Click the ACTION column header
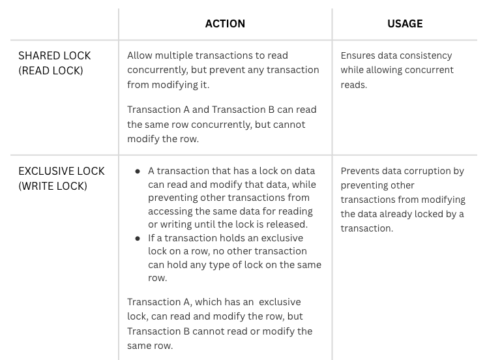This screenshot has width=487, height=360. point(225,23)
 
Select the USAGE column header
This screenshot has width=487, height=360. point(405,23)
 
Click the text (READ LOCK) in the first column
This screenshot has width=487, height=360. point(51,70)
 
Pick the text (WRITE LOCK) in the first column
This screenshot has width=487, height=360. point(53,186)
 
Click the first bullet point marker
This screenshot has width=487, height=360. point(138,171)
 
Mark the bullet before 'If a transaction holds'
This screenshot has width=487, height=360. point(138,238)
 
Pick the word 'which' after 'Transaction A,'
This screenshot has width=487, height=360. point(207,302)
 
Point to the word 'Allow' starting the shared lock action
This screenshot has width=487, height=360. point(140,55)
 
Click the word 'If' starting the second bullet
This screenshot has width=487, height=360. point(152,238)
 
